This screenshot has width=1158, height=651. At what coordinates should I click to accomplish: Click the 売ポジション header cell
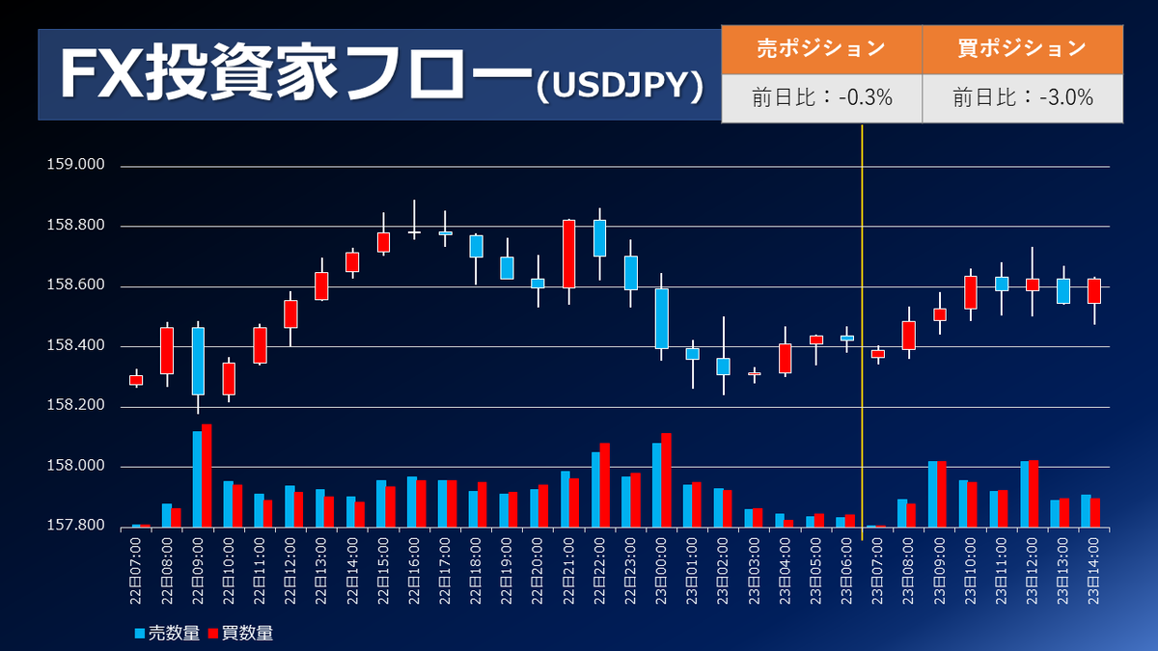(x=821, y=48)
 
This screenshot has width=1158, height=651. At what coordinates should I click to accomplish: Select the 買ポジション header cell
(x=1022, y=48)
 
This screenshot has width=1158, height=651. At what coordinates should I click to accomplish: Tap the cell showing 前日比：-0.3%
(x=821, y=97)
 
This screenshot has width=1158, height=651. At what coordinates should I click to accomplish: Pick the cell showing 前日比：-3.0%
(x=1022, y=97)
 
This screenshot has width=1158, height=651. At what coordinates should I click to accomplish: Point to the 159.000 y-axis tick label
(x=75, y=165)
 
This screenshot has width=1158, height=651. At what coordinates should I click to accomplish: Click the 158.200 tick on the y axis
(x=75, y=407)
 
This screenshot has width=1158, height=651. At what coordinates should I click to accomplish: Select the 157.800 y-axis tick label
(x=75, y=527)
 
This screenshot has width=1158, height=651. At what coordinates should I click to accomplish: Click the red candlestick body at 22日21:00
(x=569, y=254)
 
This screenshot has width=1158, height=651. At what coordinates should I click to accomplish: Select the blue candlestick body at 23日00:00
(x=661, y=318)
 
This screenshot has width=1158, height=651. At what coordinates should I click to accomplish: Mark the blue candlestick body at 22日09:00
(x=198, y=361)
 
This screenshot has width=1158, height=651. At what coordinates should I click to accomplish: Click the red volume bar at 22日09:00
(x=207, y=475)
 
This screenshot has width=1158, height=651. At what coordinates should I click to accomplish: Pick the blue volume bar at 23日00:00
(x=657, y=485)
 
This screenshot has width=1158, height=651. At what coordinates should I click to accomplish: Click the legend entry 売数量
(x=169, y=634)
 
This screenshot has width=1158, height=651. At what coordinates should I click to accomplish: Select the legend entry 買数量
(x=241, y=634)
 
